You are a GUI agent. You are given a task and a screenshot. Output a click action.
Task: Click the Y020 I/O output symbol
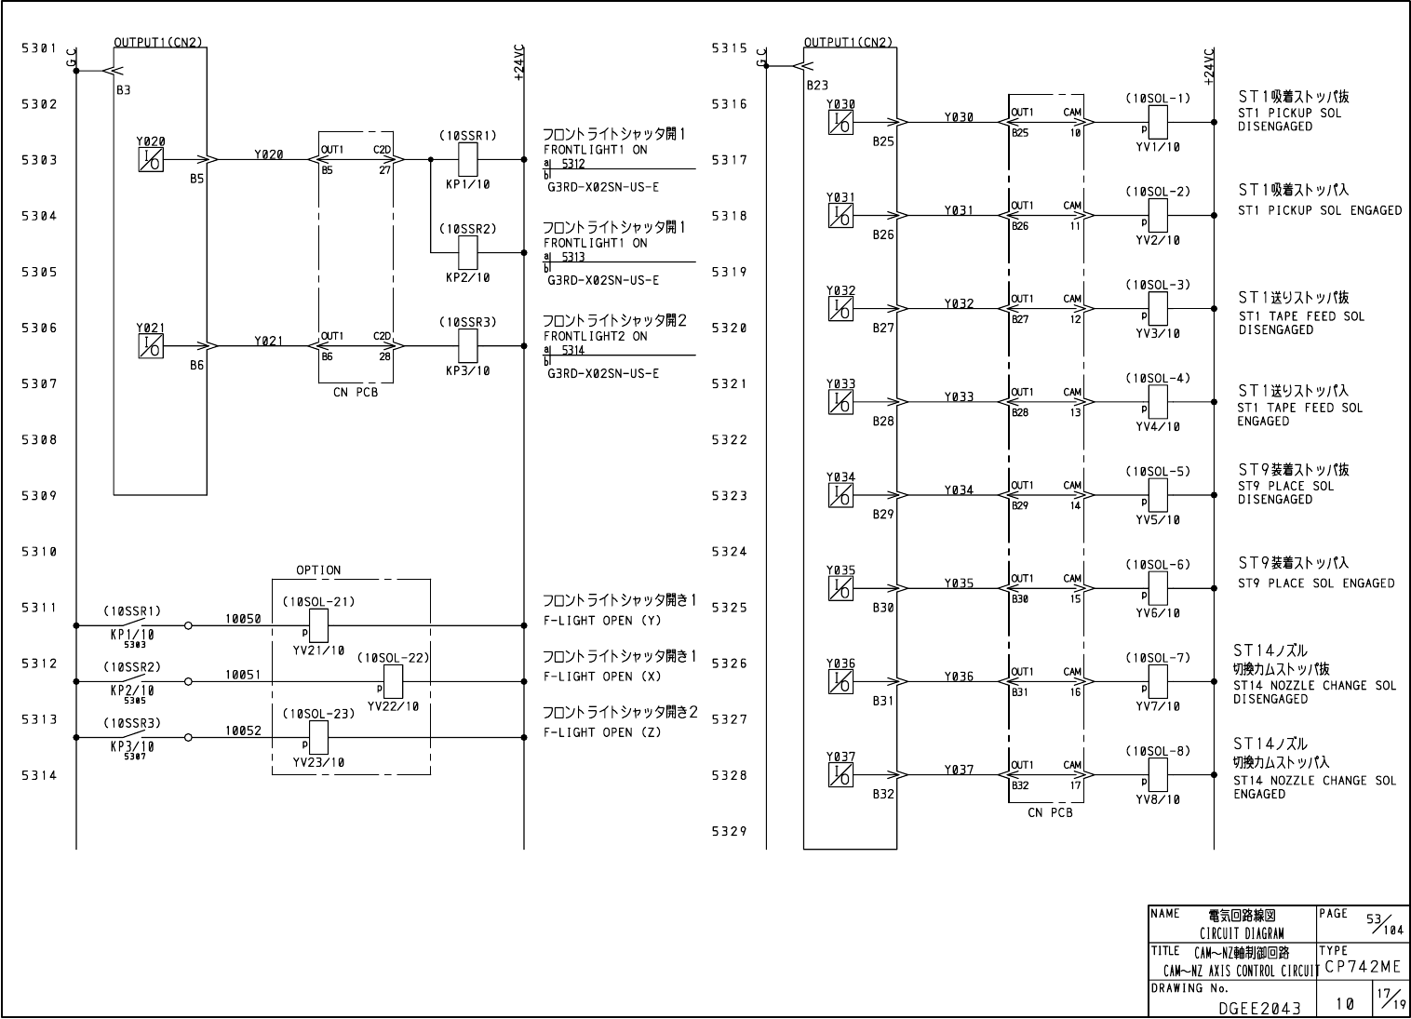(x=151, y=160)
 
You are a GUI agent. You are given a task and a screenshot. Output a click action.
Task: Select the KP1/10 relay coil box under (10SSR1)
(x=468, y=160)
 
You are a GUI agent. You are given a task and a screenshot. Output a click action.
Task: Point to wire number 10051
(x=242, y=675)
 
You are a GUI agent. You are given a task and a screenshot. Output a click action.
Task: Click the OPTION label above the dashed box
(x=318, y=570)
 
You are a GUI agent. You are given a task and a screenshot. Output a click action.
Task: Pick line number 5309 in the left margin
(x=39, y=496)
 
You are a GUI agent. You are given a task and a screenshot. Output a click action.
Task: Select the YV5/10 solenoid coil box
(x=1158, y=495)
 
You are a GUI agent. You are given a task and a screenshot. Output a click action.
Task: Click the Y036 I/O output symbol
(x=840, y=682)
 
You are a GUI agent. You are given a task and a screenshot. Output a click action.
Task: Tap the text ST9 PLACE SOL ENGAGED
(x=1316, y=583)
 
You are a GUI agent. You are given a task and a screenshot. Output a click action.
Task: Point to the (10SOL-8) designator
(x=1158, y=751)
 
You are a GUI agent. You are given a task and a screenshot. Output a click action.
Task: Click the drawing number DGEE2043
(x=1260, y=1007)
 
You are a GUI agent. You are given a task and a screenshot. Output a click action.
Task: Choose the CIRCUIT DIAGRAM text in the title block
(x=1242, y=933)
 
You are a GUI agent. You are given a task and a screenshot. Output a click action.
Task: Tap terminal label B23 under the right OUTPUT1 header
(x=817, y=85)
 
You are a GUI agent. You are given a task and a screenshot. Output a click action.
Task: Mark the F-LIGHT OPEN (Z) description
(x=602, y=732)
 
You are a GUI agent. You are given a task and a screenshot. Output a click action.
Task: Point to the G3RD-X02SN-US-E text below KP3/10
(x=602, y=373)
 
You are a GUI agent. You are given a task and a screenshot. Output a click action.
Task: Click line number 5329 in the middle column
(x=730, y=832)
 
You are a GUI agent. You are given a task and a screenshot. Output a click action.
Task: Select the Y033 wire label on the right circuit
(x=959, y=396)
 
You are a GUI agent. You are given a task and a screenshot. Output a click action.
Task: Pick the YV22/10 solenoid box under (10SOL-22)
(x=393, y=681)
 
